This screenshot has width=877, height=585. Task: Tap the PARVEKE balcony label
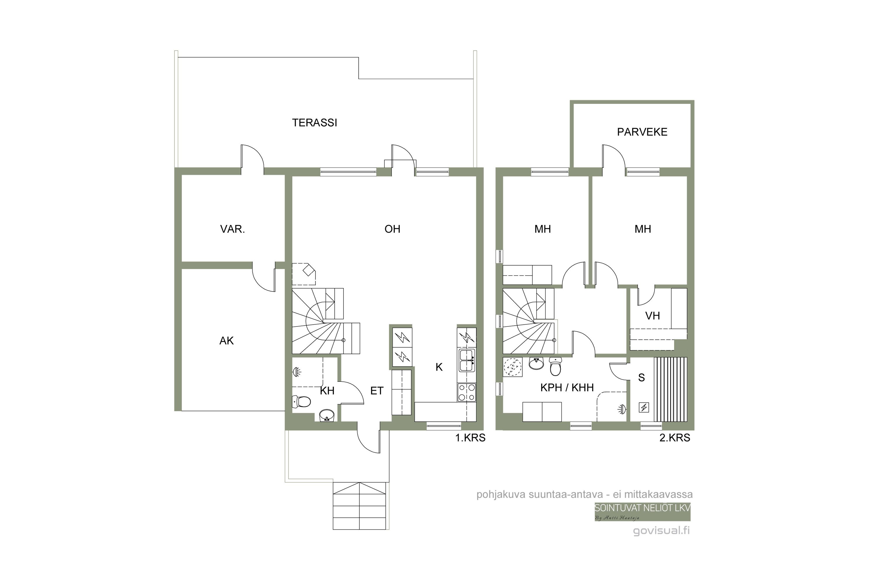(x=642, y=132)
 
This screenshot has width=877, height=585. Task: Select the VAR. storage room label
(x=232, y=229)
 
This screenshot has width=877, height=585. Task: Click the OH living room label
(x=392, y=229)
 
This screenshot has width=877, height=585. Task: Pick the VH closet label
(x=652, y=316)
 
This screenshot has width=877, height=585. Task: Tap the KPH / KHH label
(x=567, y=388)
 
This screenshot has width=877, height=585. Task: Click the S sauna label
(x=641, y=378)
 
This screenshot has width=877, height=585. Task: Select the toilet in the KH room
(x=301, y=401)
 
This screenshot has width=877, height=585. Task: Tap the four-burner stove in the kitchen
(x=467, y=393)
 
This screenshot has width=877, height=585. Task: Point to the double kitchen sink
(x=467, y=360)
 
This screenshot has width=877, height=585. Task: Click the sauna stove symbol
(x=644, y=407)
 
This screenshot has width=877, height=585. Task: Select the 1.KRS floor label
(x=470, y=438)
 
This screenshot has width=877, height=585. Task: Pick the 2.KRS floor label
(x=675, y=438)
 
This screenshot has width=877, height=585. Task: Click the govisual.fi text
(x=662, y=531)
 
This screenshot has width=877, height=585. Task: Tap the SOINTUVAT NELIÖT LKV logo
(x=643, y=512)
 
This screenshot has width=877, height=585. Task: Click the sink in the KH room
(x=327, y=415)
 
